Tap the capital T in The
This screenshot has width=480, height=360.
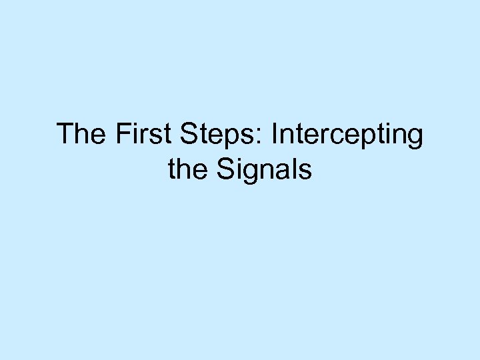pyautogui.click(x=65, y=134)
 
